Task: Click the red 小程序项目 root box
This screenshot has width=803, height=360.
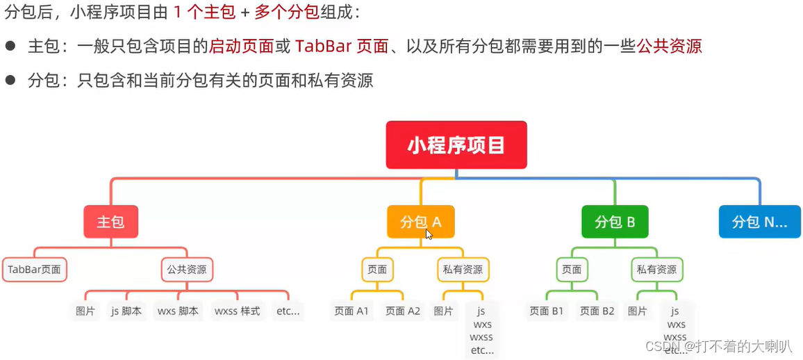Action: pos(456,145)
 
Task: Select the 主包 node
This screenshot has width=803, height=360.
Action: pos(110,222)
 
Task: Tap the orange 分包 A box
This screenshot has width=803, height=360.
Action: pos(421,222)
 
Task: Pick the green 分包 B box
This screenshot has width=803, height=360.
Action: pos(615,222)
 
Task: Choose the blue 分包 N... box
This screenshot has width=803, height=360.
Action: pos(759,222)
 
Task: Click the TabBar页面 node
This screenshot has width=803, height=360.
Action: pos(35,270)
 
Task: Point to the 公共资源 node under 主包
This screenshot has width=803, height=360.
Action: pos(187,270)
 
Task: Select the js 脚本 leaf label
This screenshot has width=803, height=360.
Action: pos(126,311)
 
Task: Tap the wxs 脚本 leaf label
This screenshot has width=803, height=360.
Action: pos(178,311)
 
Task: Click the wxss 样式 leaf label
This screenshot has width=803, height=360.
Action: pos(238,311)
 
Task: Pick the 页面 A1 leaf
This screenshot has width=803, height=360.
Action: pos(351,311)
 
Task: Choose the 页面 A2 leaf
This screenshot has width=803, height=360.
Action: pos(402,311)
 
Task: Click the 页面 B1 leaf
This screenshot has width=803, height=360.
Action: pos(547,311)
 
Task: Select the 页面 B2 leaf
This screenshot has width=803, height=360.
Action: pos(597,311)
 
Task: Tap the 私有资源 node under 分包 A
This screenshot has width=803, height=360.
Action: pos(463,270)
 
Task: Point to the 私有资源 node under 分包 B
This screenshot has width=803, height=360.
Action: pos(657,270)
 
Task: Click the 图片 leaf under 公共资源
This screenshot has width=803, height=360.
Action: pos(85,311)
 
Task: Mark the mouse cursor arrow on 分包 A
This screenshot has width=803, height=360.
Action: pos(429,234)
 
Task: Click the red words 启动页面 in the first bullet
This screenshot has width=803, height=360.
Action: pos(241,47)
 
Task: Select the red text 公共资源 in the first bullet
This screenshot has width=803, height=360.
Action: pos(669,47)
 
